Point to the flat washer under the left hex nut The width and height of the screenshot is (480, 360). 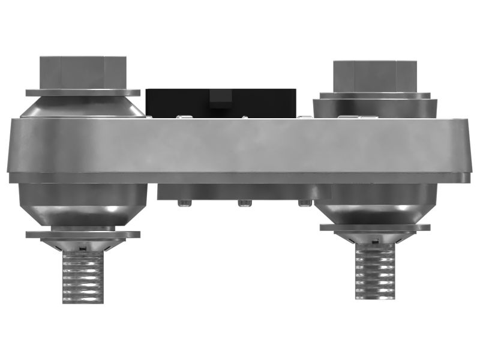tap(83, 93)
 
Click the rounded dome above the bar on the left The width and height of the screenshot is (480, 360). tap(83, 107)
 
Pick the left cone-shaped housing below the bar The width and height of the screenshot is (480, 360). tap(83, 204)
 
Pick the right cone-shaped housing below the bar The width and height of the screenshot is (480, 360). tap(375, 206)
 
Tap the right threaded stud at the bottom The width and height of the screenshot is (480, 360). tap(375, 273)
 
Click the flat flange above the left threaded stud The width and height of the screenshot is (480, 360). tap(83, 235)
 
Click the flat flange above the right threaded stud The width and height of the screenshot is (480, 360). tap(375, 227)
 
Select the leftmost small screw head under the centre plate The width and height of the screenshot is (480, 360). tap(184, 203)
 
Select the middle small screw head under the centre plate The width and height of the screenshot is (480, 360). tap(244, 203)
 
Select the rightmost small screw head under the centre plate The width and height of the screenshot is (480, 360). tap(305, 203)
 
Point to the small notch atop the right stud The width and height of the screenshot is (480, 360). tap(375, 241)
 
